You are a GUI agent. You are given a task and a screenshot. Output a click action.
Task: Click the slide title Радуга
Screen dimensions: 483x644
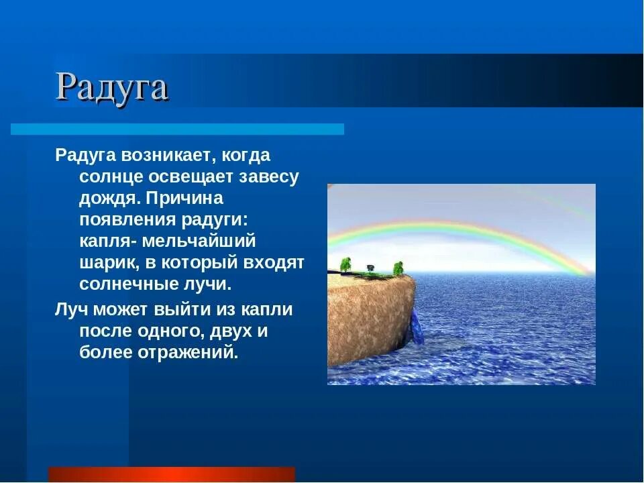click(x=111, y=87)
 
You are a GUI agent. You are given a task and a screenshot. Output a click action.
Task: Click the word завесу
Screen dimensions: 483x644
click(x=268, y=178)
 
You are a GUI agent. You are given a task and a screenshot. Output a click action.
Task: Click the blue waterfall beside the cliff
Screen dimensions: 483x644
click(x=417, y=327)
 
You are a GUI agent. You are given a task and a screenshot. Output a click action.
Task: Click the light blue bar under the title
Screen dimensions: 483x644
click(x=177, y=129)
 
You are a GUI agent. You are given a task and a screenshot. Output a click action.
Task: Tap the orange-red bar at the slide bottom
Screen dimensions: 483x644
click(x=172, y=474)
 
